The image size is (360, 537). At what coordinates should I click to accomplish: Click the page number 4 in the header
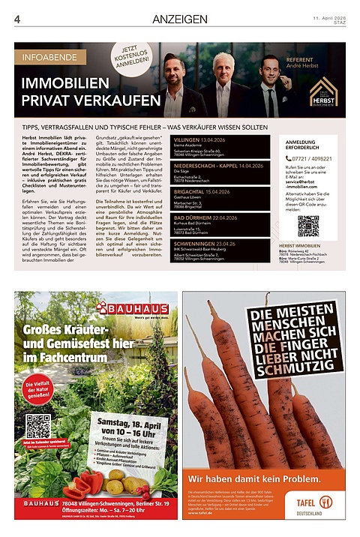(x=16, y=18)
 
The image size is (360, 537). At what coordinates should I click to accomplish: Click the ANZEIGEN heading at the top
(x=179, y=18)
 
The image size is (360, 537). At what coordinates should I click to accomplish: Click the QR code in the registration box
(x=307, y=225)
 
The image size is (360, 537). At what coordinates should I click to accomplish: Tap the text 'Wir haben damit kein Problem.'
(x=254, y=477)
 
